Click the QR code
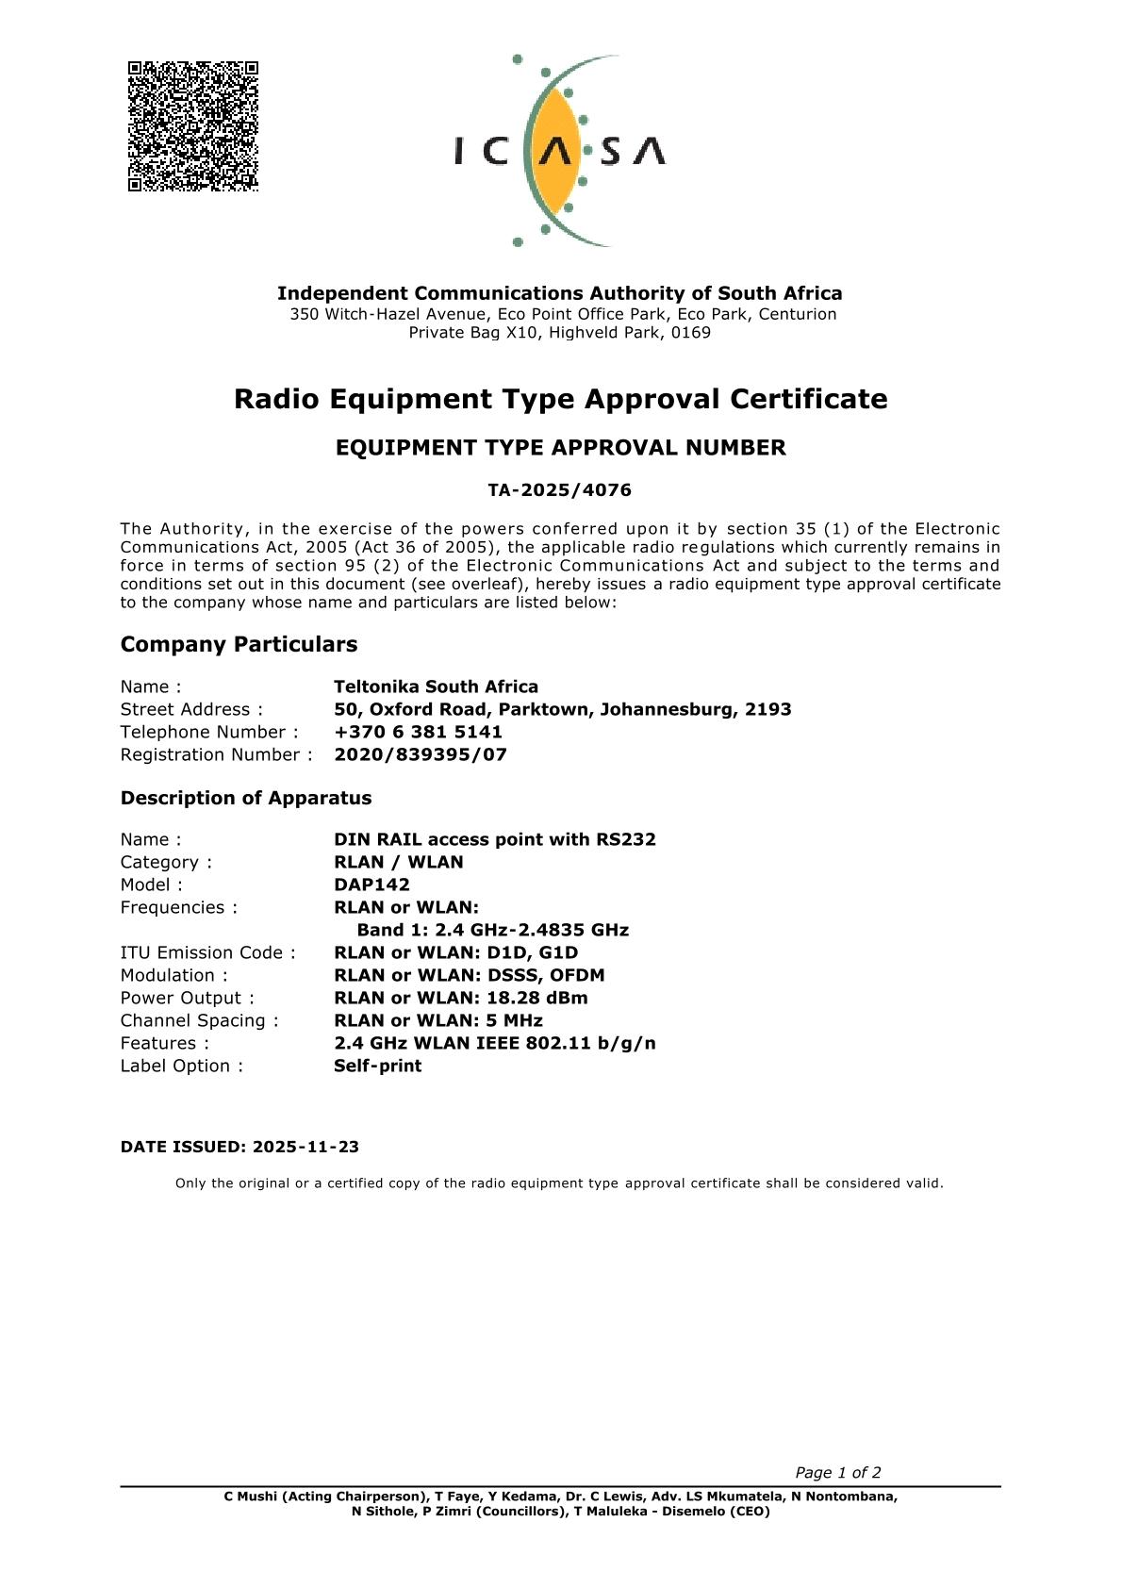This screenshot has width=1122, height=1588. coord(193,126)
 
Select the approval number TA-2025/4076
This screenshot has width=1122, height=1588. coord(560,490)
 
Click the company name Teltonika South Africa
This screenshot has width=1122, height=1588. coord(436,686)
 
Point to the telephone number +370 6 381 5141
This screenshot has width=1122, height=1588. coord(418,732)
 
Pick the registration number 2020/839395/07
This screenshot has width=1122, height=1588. coord(421,754)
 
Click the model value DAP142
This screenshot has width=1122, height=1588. coord(371,885)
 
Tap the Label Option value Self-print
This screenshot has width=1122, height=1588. coord(377,1066)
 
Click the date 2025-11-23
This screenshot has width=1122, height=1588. coord(305,1147)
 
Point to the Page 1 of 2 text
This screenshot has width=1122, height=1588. coord(837,1472)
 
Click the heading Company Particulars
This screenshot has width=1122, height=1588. coord(239,644)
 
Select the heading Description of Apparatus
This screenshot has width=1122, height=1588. coord(245,798)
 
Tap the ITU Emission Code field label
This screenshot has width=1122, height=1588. coord(207,952)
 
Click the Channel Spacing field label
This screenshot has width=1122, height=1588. coord(199,1020)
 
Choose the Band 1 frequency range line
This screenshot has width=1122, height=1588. coord(492,930)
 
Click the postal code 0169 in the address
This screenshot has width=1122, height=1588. coord(691,332)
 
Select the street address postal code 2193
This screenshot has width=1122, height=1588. coord(767,709)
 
